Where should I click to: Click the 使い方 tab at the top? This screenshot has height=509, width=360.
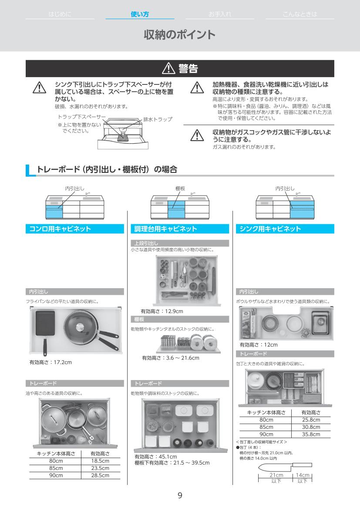click(140, 14)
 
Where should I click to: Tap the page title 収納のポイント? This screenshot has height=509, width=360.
click(180, 35)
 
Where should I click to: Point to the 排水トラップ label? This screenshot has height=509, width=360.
click(158, 119)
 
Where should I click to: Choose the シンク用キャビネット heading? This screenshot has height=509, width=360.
click(270, 229)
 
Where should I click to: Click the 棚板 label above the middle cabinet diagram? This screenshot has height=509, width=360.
click(180, 189)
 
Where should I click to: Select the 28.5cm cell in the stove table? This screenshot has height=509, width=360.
click(100, 475)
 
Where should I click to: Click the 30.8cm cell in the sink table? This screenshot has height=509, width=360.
click(311, 427)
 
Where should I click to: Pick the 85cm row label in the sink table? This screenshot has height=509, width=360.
click(266, 427)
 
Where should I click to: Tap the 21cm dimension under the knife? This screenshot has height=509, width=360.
click(276, 475)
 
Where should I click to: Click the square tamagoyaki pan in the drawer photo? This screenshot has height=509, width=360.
click(45, 324)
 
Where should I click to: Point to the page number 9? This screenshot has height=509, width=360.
click(180, 496)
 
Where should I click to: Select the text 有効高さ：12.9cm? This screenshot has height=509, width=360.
click(161, 311)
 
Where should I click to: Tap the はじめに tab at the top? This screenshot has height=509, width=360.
click(60, 14)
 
